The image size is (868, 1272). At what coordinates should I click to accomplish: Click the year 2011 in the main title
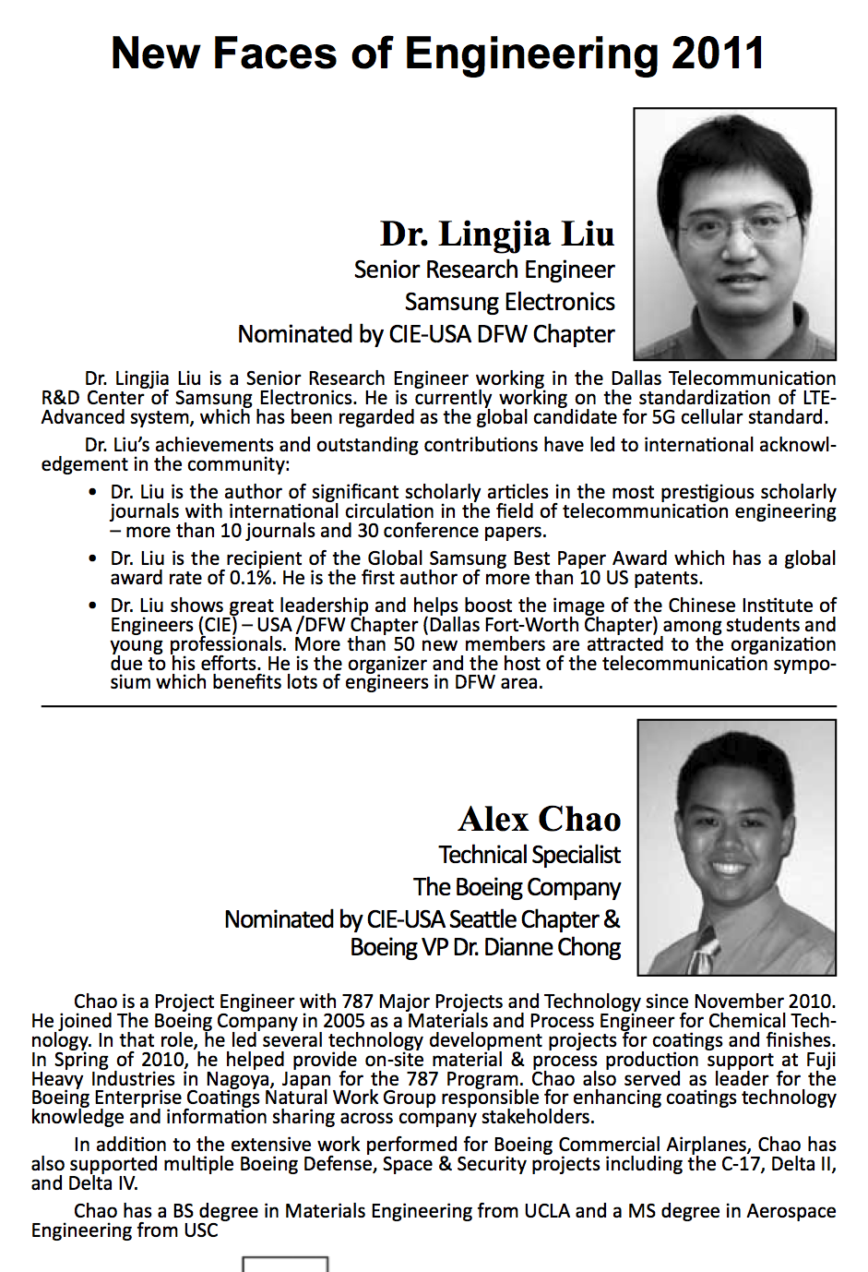[718, 54]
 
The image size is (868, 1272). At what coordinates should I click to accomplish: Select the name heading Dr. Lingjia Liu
[497, 234]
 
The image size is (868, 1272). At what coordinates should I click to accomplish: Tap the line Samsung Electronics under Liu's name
[509, 302]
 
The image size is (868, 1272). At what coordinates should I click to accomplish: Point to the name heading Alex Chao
[540, 819]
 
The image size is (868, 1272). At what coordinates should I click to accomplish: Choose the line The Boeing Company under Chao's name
[517, 887]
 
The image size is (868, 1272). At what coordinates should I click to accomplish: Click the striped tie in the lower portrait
[704, 953]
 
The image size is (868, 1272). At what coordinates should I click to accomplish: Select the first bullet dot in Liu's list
[92, 492]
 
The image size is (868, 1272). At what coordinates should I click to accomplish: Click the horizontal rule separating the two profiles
[438, 706]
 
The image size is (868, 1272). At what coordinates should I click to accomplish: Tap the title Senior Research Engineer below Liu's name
[484, 270]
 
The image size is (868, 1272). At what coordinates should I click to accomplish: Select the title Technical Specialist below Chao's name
[529, 855]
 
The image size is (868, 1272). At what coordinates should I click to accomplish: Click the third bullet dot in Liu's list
[92, 606]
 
